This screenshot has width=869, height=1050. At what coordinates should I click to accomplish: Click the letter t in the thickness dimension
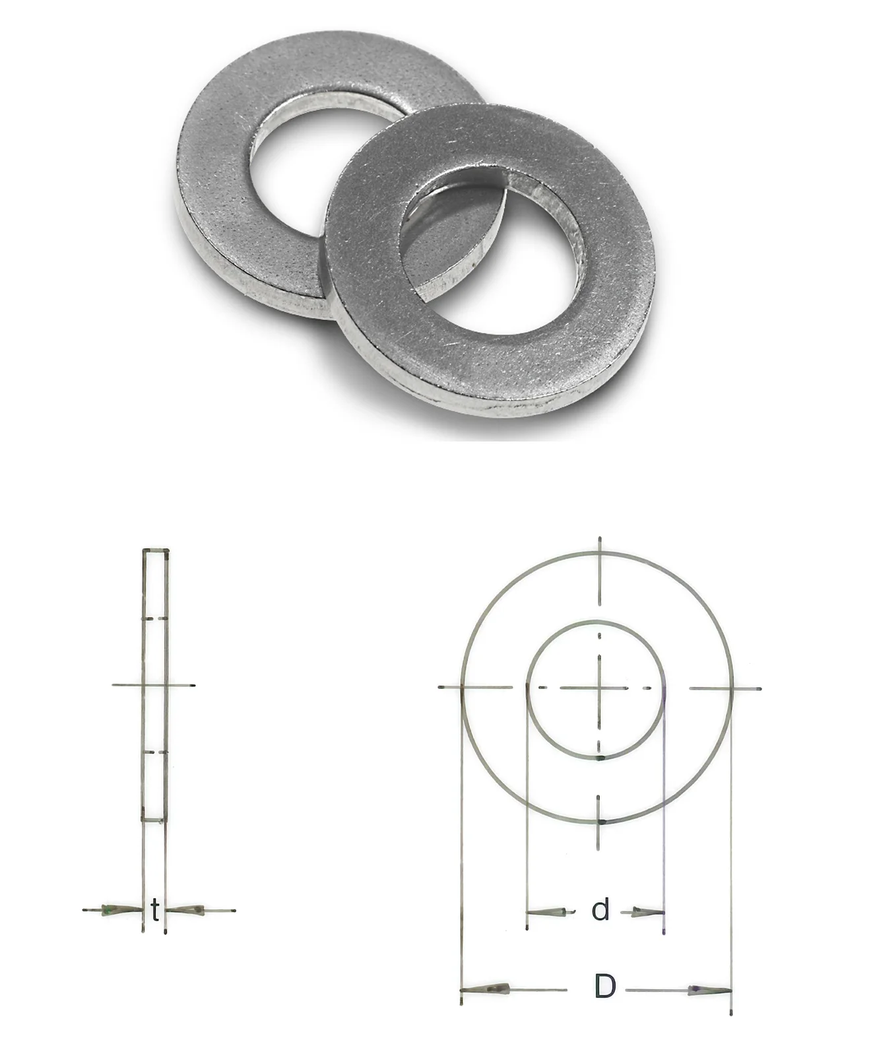click(156, 910)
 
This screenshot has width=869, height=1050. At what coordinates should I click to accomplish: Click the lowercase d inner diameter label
click(600, 909)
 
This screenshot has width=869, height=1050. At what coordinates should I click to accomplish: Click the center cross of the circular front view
click(599, 688)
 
